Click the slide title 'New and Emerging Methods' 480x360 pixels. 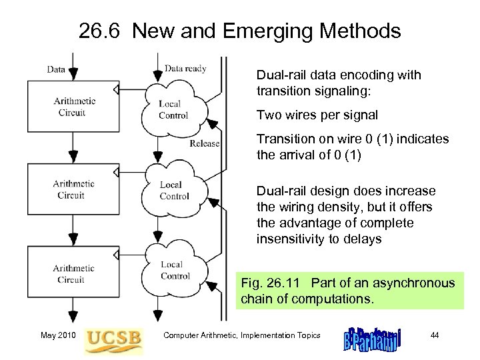click(267, 31)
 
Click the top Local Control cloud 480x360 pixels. click(173, 109)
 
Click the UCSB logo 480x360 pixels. click(114, 337)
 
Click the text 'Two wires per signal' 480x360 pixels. click(317, 115)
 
